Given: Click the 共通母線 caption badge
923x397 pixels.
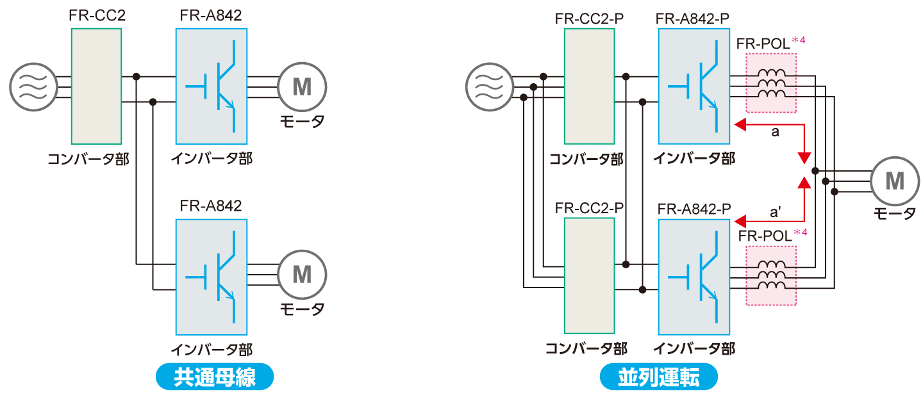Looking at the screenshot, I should click(x=215, y=377).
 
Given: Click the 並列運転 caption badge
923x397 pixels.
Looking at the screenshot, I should click(x=658, y=377).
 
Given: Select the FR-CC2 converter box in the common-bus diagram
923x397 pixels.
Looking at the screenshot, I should click(x=97, y=86).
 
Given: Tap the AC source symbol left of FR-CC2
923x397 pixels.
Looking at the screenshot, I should click(x=33, y=86).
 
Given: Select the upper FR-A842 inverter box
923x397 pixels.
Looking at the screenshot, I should click(x=212, y=86).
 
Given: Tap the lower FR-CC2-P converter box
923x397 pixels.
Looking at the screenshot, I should click(x=589, y=275).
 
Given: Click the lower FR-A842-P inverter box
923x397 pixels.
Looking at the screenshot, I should click(x=694, y=277).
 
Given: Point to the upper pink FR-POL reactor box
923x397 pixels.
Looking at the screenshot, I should click(x=771, y=81).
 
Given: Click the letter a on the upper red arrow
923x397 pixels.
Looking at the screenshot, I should click(x=774, y=133).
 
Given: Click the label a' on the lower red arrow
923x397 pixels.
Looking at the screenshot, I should click(x=775, y=211).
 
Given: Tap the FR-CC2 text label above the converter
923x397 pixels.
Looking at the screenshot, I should click(x=97, y=15).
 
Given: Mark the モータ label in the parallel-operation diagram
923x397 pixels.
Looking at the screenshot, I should click(x=895, y=214).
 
